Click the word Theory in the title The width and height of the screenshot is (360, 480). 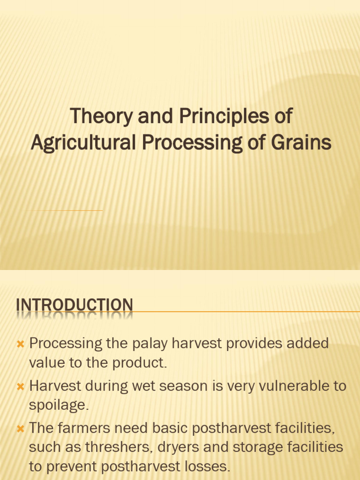coord(101,117)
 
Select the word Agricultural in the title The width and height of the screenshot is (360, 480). coord(83,143)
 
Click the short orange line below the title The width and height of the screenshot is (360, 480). coord(65,210)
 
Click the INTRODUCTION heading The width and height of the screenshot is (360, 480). coord(75,305)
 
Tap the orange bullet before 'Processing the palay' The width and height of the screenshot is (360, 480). coord(21,344)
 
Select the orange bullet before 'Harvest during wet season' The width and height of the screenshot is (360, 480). coord(21,387)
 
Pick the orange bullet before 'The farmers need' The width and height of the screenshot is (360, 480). coord(21,428)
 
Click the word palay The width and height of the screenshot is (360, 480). coord(150,344)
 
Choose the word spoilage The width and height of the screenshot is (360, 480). coord(59,405)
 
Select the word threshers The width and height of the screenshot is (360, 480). coord(119,447)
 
